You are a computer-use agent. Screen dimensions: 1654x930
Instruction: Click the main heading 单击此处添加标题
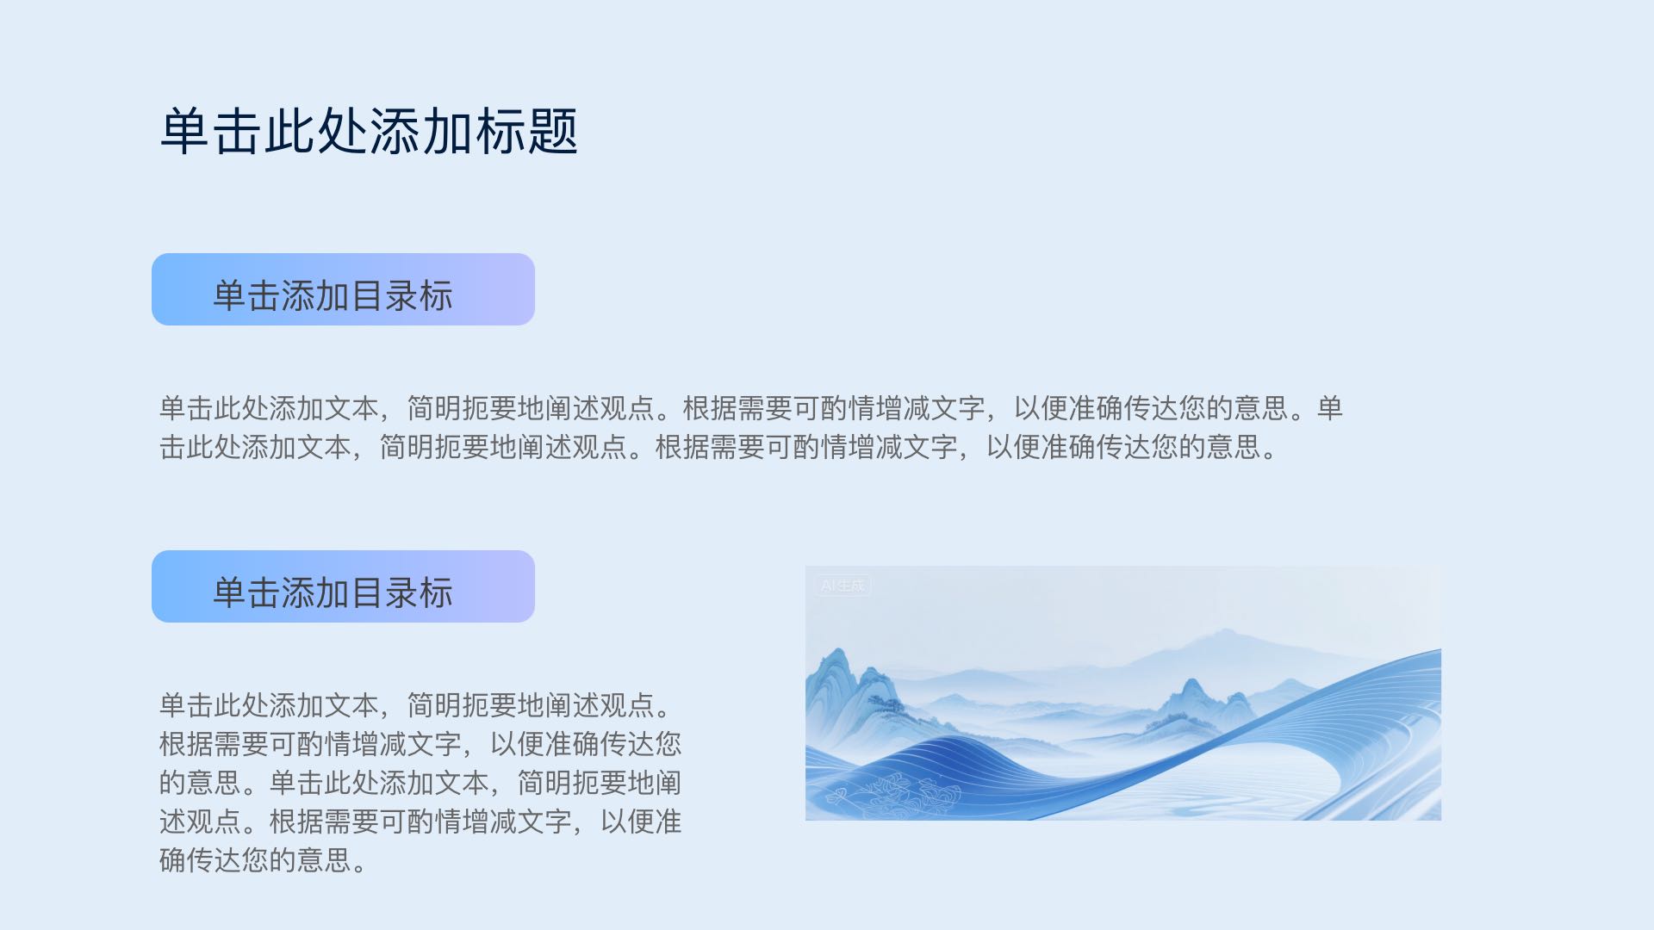pyautogui.click(x=369, y=132)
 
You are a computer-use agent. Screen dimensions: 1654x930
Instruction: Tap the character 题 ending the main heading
pyautogui.click(x=552, y=132)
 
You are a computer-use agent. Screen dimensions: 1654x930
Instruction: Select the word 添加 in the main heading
pyautogui.click(x=421, y=132)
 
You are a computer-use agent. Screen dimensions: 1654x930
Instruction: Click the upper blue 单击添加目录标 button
pyautogui.click(x=343, y=289)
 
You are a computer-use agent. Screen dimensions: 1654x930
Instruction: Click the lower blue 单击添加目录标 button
pyautogui.click(x=343, y=586)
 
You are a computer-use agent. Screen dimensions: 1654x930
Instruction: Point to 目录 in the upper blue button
pyautogui.click(x=385, y=296)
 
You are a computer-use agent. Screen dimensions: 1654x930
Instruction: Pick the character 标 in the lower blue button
pyautogui.click(x=437, y=593)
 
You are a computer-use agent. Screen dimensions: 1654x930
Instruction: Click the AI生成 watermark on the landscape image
pyautogui.click(x=843, y=586)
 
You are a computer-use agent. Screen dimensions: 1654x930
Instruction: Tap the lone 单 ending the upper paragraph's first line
pyautogui.click(x=1330, y=408)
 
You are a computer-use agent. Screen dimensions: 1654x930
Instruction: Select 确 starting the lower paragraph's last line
pyautogui.click(x=173, y=859)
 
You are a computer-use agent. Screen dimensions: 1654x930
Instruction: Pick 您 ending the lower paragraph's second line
pyautogui.click(x=668, y=743)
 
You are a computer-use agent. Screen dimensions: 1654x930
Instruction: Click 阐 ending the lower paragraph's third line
pyautogui.click(x=668, y=782)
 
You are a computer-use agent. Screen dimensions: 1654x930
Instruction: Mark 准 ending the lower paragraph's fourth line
pyautogui.click(x=668, y=821)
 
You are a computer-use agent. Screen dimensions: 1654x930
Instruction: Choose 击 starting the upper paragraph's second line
pyautogui.click(x=173, y=447)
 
